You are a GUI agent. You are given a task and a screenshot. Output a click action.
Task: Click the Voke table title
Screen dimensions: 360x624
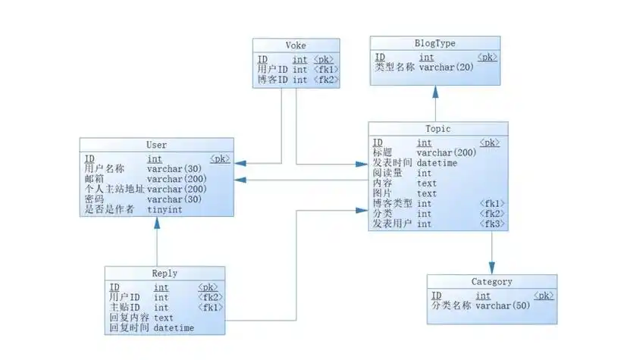296,45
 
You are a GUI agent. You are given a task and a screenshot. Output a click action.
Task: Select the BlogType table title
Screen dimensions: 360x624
435,42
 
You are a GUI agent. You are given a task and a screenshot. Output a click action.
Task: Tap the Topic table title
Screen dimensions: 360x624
437,129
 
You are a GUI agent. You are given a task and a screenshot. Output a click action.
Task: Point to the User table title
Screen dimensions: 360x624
156,145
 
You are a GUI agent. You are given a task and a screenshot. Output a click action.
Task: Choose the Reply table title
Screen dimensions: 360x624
165,274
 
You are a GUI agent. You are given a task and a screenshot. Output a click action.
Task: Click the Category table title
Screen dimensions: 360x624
491,282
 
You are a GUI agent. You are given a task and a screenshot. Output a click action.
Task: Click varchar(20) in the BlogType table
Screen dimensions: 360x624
447,67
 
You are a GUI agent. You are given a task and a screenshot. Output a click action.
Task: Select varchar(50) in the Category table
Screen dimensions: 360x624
502,306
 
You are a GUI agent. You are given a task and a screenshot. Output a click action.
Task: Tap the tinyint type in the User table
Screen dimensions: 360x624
164,210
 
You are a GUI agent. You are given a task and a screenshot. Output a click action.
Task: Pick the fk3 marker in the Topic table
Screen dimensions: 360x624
492,224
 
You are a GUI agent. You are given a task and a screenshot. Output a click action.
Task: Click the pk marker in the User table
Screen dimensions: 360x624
220,159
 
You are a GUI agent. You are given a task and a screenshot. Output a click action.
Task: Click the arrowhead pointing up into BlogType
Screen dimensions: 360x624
435,92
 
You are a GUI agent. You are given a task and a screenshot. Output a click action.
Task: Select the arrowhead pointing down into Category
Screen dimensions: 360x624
491,268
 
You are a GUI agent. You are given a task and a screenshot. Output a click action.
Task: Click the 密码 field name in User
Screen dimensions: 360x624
95,199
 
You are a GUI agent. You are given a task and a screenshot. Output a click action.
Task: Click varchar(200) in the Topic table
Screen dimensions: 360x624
447,152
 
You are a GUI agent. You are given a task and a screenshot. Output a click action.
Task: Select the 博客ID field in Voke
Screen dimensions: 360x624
271,80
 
